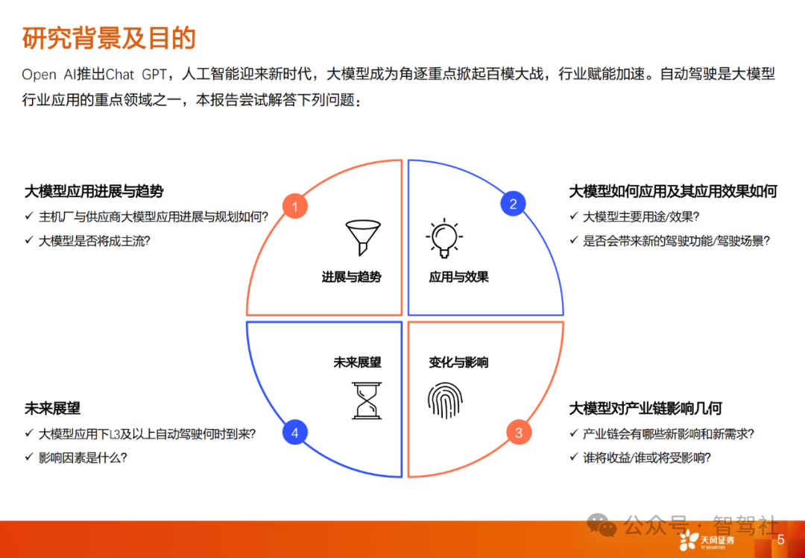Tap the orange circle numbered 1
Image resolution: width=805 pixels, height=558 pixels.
pos(295,207)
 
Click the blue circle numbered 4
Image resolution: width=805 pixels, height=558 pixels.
pos(295,433)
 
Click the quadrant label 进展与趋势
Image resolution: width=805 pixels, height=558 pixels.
pos(351,278)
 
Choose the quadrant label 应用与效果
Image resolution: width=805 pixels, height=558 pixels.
pos(458,278)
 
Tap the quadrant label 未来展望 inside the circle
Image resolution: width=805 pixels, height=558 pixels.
pos(357,363)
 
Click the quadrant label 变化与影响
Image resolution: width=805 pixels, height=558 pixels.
pos(458,363)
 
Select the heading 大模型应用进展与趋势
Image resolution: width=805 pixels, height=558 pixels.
pos(94,192)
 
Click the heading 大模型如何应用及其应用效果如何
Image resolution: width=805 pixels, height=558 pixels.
pos(673,192)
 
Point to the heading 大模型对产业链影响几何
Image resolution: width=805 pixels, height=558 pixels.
pos(645,409)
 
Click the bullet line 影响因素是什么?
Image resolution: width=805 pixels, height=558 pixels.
pos(83,458)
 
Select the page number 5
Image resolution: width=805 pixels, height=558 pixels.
pos(780,539)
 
